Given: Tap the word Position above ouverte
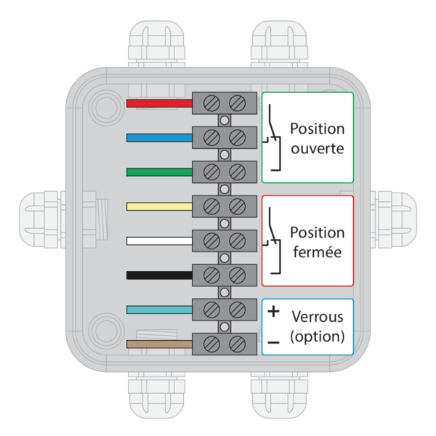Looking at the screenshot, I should [317, 129].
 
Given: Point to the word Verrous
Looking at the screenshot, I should [317, 318].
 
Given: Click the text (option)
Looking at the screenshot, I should [317, 336].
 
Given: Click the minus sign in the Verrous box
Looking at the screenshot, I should [273, 341].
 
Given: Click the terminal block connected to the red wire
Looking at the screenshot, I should [225, 103].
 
